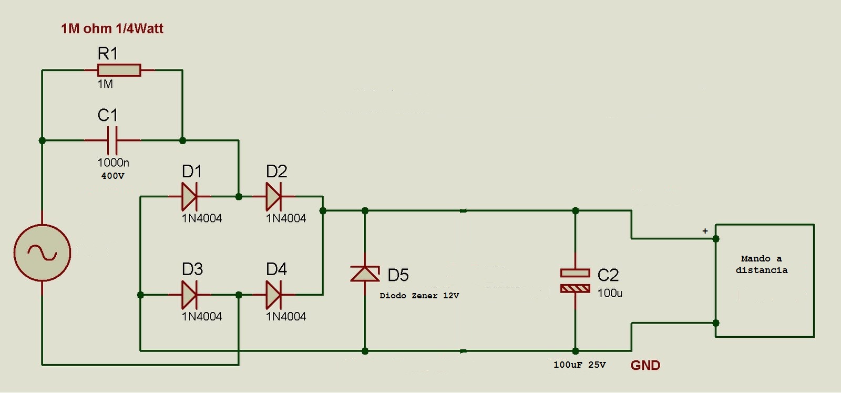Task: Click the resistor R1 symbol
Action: tap(119, 70)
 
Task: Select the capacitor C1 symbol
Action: tap(112, 140)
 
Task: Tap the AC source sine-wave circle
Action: tap(42, 253)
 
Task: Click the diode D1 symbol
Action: tap(189, 197)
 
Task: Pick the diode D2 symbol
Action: tap(273, 197)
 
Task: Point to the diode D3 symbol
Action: tap(189, 295)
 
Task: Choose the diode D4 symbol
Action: tap(273, 295)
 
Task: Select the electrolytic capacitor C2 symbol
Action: tap(575, 280)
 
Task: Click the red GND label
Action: tap(645, 365)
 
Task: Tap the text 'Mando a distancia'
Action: tap(762, 264)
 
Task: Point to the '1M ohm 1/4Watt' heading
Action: tap(112, 28)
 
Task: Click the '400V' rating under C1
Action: tap(112, 176)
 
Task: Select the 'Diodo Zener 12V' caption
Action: tap(419, 296)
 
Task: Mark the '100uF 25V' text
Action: tap(579, 365)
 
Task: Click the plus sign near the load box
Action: tap(705, 231)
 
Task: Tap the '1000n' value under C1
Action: tap(113, 163)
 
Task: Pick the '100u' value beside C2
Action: tap(610, 293)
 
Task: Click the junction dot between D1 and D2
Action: tap(239, 197)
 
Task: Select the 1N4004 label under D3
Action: tap(202, 316)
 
